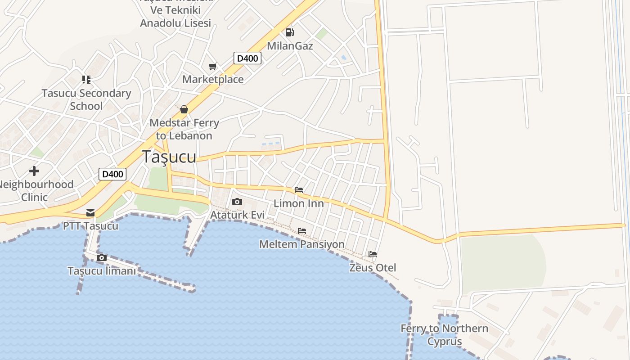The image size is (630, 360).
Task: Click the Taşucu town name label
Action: coord(169,157)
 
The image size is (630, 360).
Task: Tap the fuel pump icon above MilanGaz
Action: coord(290,32)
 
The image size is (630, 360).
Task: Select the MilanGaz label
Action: coord(290,46)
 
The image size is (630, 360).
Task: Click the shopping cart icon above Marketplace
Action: coord(213,67)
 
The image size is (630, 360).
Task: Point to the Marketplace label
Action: coord(213,79)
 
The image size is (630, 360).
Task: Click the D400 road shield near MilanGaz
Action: coord(247,58)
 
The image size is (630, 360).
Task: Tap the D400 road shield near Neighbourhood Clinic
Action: coord(112,174)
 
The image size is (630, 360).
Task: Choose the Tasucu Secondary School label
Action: coord(86,99)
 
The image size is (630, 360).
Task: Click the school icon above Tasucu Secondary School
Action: coord(86,80)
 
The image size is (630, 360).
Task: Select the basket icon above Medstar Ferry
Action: coord(184,109)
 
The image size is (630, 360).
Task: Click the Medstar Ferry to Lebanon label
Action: coord(184,129)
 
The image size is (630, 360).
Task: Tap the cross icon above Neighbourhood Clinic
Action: coord(34,171)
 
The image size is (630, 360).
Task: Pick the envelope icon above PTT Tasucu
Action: coord(90,213)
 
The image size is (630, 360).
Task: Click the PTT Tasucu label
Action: coord(90,225)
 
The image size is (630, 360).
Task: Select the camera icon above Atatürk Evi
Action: coord(237,202)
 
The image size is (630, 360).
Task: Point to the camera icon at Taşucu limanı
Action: coord(102,258)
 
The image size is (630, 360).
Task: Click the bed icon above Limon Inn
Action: coord(299,190)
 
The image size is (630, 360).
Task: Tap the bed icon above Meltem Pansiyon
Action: coord(302,231)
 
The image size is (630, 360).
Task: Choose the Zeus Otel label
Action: coord(373,268)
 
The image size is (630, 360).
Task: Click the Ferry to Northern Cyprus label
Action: coord(445,335)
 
